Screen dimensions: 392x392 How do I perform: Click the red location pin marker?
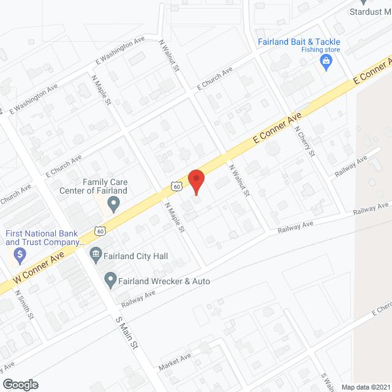coord(195,181)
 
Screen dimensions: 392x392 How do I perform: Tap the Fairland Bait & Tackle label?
coord(298,42)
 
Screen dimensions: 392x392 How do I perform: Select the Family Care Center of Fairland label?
coord(105,186)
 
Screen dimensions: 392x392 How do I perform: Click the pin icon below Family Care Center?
coord(113,205)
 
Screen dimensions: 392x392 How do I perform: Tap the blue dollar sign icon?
coord(20,253)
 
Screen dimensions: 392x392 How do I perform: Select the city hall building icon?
coord(96,254)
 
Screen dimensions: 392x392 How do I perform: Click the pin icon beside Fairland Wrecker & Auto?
coord(110,281)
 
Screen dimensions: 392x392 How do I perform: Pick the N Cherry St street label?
coord(304,141)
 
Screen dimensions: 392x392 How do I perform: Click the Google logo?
coord(20,384)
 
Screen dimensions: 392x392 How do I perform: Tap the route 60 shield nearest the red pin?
coord(176,186)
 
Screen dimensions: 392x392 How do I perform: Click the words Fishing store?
coord(320,51)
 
